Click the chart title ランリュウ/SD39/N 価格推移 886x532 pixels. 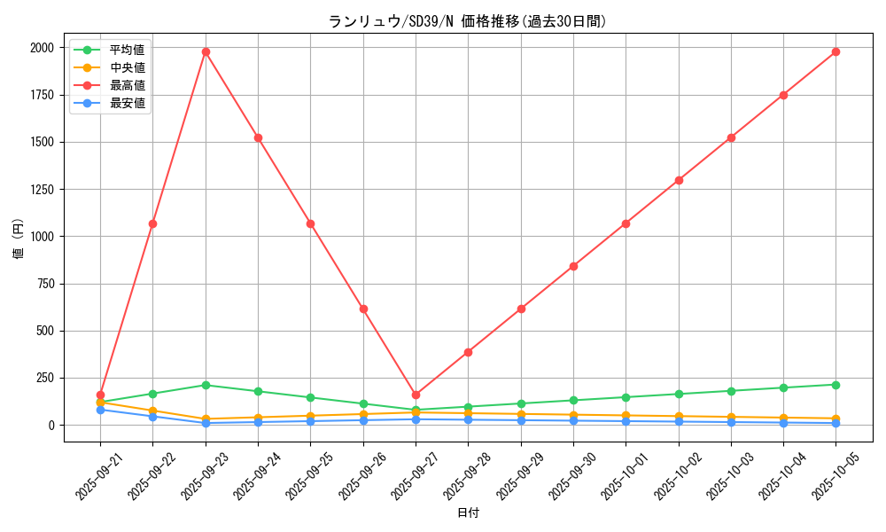pos(468,21)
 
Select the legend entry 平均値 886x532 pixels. pos(127,50)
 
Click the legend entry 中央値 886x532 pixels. pos(127,67)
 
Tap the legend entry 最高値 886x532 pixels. pos(127,85)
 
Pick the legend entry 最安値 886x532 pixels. pos(127,104)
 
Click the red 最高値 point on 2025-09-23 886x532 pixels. pos(206,51)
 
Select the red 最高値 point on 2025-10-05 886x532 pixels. pos(835,51)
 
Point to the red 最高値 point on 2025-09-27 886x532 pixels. pos(416,395)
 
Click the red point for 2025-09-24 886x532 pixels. pos(258,137)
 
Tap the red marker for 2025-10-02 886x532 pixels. pos(679,180)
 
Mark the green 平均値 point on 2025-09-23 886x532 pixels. pos(206,385)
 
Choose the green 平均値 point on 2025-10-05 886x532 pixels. pos(835,385)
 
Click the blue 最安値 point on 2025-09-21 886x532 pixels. pos(100,410)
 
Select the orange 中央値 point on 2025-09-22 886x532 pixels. pos(152,411)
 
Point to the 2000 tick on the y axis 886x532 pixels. pos(41,48)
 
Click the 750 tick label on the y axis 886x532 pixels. pos(44,284)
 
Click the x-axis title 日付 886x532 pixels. pos(468,513)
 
